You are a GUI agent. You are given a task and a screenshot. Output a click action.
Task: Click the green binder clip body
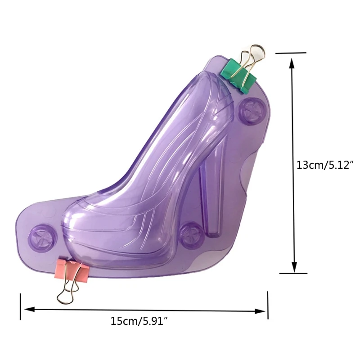pyautogui.click(x=239, y=76)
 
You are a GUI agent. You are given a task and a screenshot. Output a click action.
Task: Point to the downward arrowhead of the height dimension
pyautogui.click(x=294, y=266)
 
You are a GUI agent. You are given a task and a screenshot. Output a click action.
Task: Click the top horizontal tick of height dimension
pyautogui.click(x=291, y=53)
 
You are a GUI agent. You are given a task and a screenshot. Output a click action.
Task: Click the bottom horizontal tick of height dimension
pyautogui.click(x=293, y=273)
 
